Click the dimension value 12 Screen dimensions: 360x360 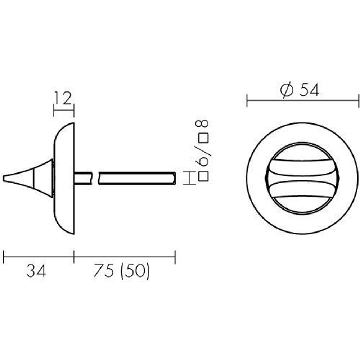tap(63, 99)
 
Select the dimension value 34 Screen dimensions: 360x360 tap(36, 271)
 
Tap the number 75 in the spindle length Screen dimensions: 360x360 tap(104, 271)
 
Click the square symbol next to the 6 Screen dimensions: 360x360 tap(203, 176)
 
